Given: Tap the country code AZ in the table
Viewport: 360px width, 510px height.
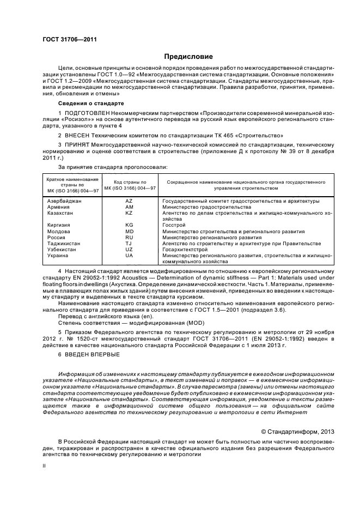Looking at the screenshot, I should coord(129,201).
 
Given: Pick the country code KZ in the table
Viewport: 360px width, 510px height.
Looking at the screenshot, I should coord(129,213).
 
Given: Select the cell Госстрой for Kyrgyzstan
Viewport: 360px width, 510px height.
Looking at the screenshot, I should coord(174,225).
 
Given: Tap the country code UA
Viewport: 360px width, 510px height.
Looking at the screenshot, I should coord(129,255).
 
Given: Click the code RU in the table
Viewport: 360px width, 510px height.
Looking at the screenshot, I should coord(129,237).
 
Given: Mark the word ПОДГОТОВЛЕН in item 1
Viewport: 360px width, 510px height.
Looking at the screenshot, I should coord(86,113).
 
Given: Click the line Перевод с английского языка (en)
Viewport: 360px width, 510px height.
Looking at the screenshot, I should coord(100,317).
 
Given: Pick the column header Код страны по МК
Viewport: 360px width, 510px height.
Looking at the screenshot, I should coord(130,184).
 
